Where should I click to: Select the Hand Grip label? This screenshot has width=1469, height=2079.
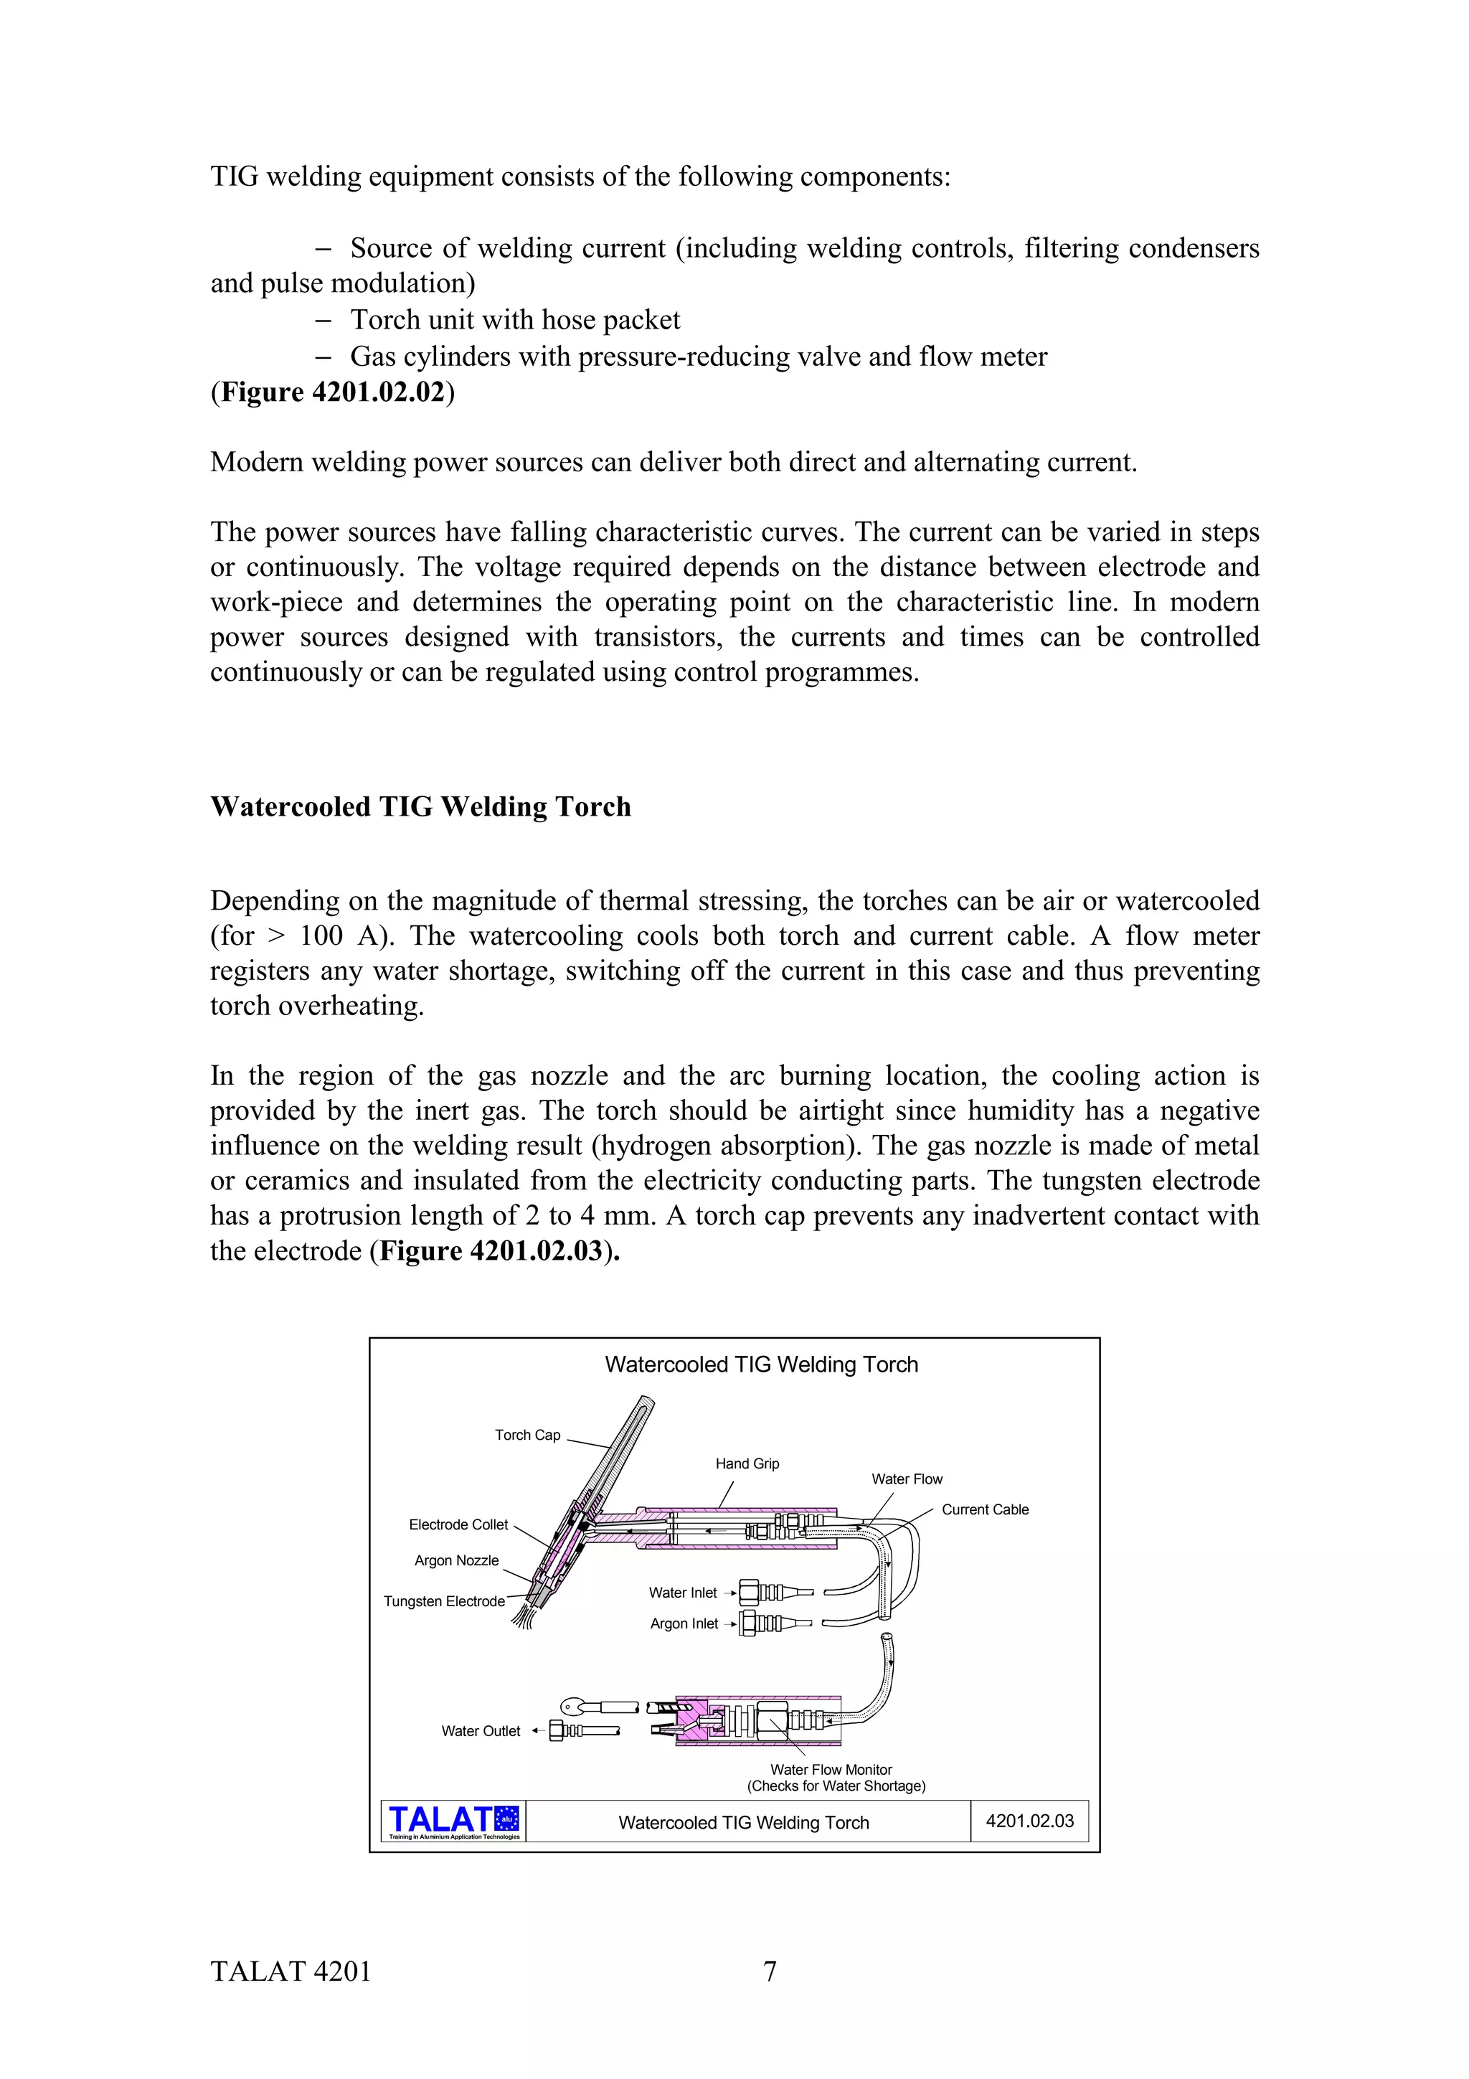[x=747, y=1463]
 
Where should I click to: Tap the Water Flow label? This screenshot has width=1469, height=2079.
[x=906, y=1479]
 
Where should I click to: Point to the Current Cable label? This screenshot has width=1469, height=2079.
[x=985, y=1509]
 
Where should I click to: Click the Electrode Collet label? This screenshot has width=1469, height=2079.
[x=458, y=1525]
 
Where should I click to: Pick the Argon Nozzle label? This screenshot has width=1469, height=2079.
[x=456, y=1560]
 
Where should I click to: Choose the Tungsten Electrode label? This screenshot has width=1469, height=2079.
[x=443, y=1601]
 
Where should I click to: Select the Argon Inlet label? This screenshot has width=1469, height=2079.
[x=684, y=1623]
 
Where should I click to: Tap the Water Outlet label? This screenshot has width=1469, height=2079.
[x=481, y=1730]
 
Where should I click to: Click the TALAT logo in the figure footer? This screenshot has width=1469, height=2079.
[x=453, y=1821]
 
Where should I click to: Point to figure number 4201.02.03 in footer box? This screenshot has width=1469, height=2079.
[x=1029, y=1821]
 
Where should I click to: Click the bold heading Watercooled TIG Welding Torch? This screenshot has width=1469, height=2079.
[x=420, y=807]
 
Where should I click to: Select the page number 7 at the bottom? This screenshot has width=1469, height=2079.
[x=770, y=1971]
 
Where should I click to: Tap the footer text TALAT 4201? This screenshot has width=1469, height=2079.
[x=291, y=1971]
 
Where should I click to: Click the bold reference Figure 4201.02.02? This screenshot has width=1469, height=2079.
[x=332, y=392]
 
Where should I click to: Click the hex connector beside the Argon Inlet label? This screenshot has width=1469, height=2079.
[x=750, y=1623]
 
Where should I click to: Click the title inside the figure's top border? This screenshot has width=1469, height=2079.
[x=761, y=1364]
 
